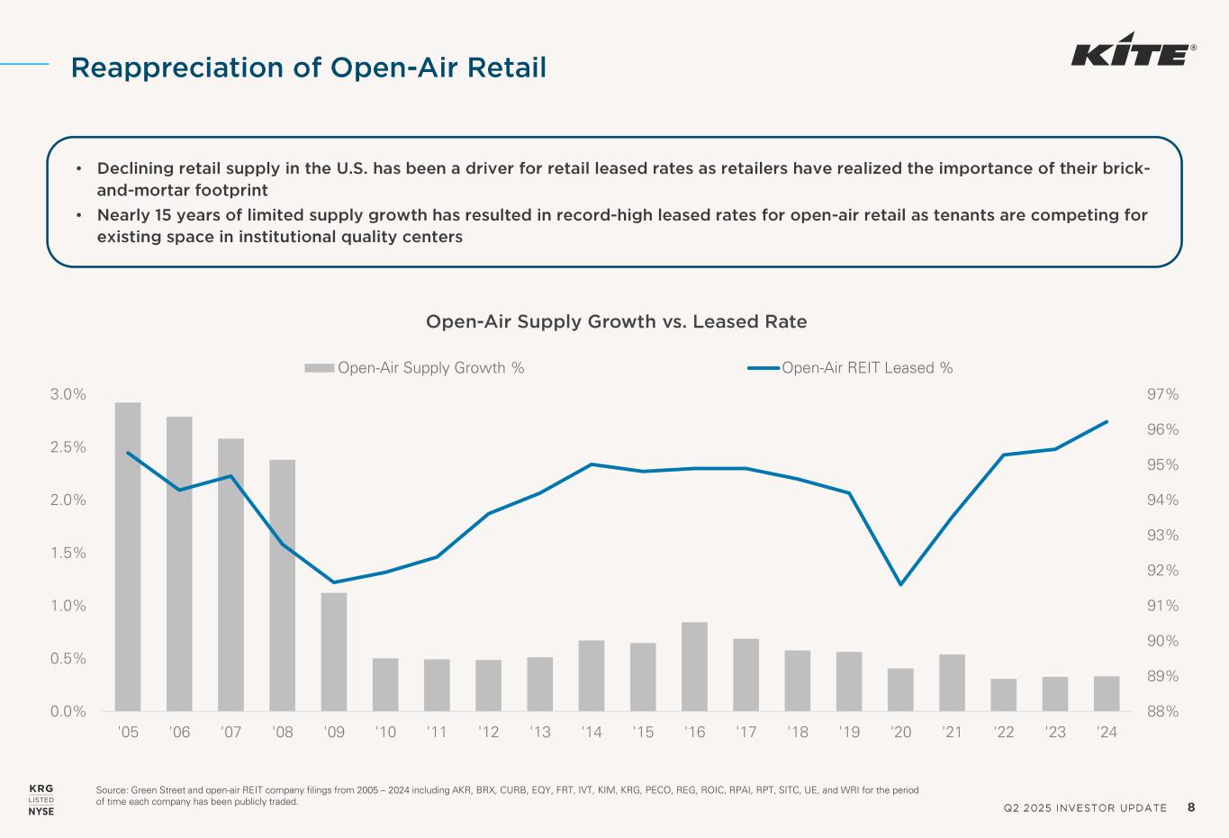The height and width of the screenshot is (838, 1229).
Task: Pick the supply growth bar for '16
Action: click(x=694, y=666)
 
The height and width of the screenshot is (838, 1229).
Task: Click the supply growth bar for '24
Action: click(x=1107, y=693)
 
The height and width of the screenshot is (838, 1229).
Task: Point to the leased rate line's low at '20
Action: click(x=900, y=584)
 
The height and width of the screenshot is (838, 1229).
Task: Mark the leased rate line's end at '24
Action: click(x=1107, y=421)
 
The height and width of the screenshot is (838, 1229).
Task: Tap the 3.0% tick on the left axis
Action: click(x=68, y=394)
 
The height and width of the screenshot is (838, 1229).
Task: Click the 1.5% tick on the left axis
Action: click(x=68, y=553)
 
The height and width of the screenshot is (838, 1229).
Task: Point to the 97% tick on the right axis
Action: click(x=1161, y=394)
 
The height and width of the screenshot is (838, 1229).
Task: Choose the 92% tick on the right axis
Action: click(x=1161, y=571)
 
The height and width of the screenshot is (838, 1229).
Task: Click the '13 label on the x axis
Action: click(x=540, y=732)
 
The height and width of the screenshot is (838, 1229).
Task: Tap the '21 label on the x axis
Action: click(x=952, y=732)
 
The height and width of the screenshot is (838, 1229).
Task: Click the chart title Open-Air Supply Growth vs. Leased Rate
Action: click(x=616, y=321)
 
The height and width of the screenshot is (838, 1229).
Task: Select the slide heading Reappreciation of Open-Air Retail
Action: click(x=309, y=67)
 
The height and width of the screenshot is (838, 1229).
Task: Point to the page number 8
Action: click(x=1191, y=806)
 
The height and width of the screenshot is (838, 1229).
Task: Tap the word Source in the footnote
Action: click(x=111, y=790)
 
